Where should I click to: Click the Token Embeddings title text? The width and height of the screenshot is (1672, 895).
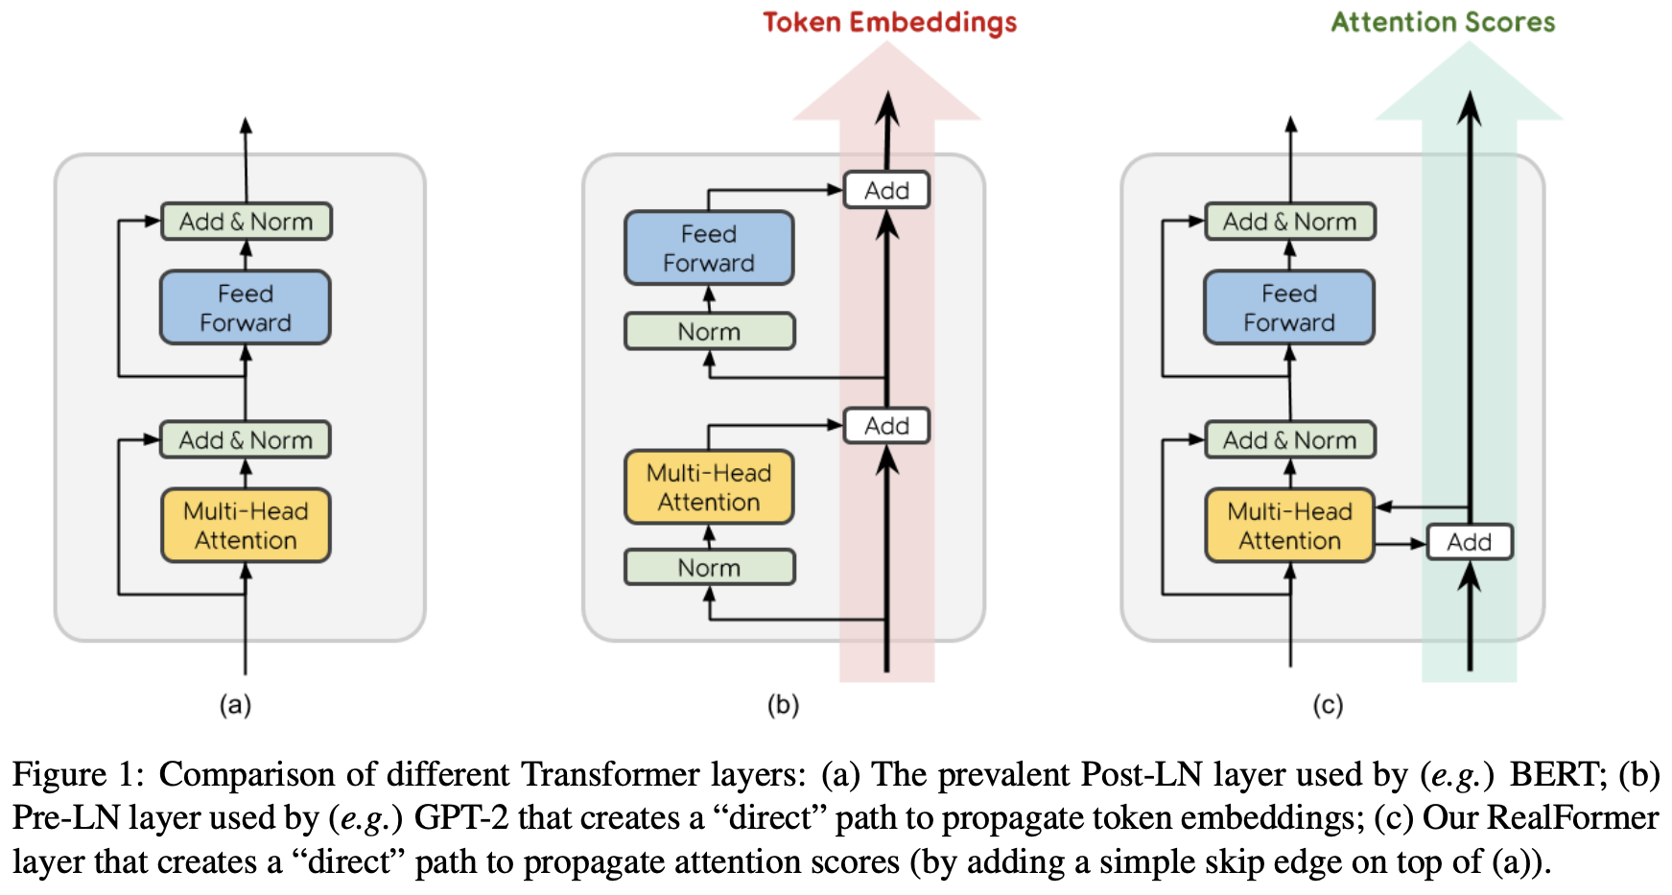pos(889,22)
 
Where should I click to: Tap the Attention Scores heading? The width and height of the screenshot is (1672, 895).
pos(1443,22)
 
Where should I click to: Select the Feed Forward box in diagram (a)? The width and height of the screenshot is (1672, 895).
pos(246,308)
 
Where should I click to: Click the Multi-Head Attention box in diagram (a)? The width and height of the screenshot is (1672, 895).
pos(246,526)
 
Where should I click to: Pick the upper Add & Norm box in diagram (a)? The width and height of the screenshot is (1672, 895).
pos(247,222)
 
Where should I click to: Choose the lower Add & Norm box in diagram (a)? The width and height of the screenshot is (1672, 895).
pos(246,440)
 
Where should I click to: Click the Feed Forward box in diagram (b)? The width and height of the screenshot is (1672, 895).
pos(709,248)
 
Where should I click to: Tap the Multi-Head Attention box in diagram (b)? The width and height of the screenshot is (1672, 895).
pos(709,487)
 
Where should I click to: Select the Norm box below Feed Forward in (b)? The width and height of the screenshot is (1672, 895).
pos(709,332)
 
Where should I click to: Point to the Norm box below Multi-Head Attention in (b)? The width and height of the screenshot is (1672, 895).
pos(709,568)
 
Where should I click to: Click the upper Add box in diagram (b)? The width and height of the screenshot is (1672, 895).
pos(886,190)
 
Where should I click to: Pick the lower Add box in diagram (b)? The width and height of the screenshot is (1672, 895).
pos(886,426)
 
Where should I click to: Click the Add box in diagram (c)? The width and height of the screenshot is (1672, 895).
pos(1469,542)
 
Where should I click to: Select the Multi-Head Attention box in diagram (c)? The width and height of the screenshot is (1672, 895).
pos(1289,526)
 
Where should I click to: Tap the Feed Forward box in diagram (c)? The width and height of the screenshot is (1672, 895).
pos(1289,308)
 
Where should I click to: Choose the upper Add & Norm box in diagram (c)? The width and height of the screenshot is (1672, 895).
pos(1289,222)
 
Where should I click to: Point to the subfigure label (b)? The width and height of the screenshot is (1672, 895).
pos(783,705)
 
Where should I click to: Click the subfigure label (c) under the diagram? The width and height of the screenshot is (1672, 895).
pos(1328,705)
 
